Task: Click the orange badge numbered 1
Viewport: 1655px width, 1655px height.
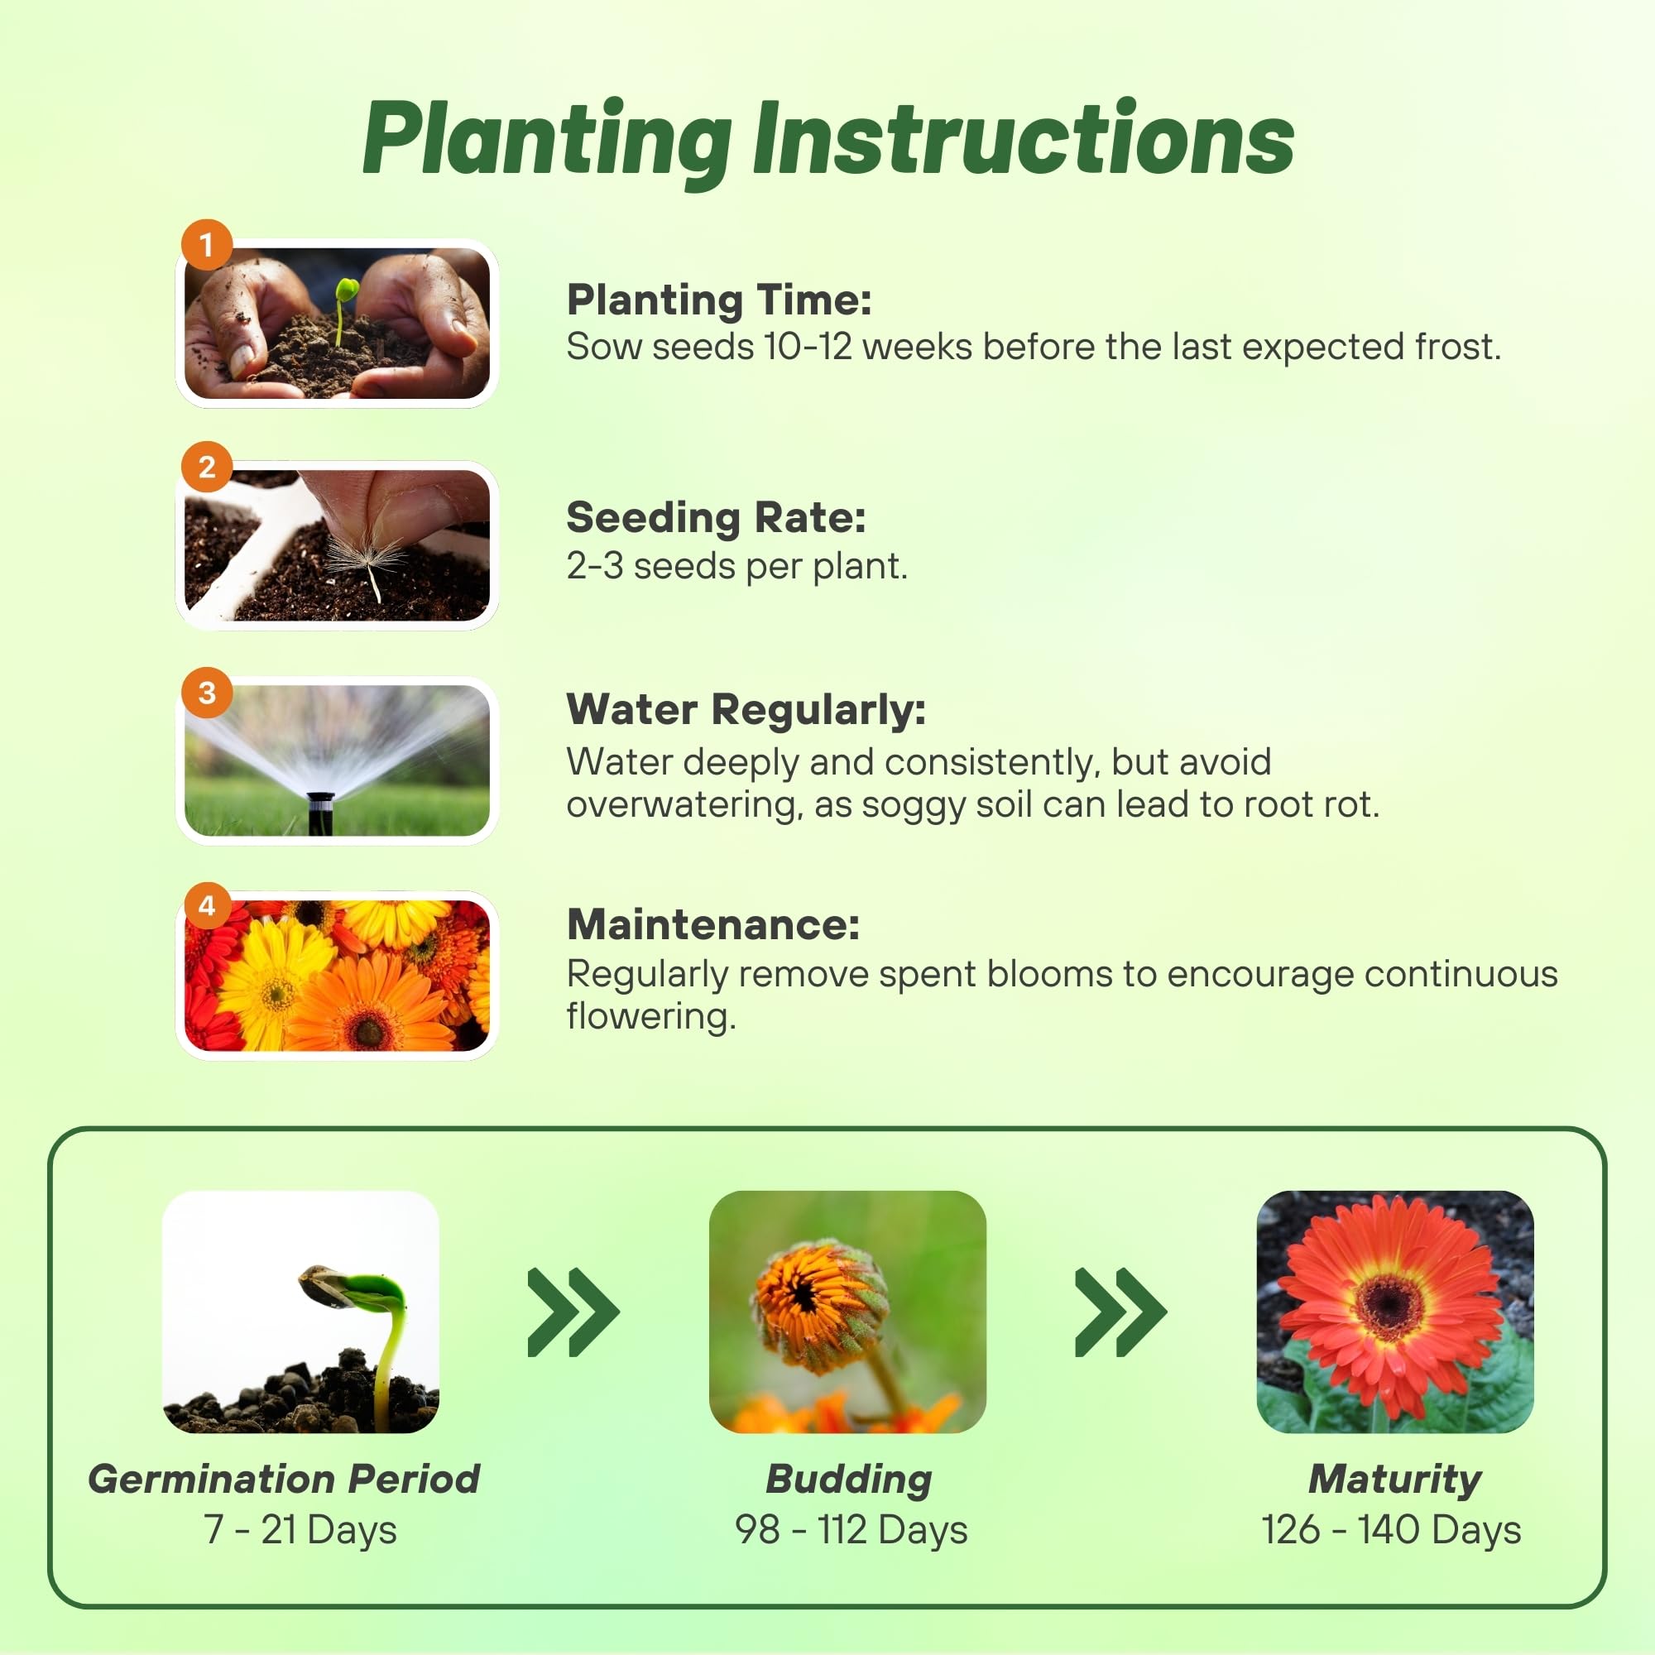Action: point(206,245)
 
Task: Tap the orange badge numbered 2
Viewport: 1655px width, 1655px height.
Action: point(206,467)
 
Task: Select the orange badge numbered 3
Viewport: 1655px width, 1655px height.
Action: point(206,692)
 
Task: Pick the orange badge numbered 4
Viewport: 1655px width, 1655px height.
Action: point(206,905)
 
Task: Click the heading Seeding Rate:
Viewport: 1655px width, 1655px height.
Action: point(716,517)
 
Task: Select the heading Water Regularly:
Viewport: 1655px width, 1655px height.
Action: point(746,710)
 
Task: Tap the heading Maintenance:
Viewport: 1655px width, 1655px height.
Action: point(713,924)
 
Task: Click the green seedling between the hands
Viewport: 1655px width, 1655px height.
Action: point(343,309)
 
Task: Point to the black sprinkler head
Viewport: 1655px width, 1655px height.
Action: point(320,812)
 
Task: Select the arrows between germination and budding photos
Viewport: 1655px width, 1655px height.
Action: point(573,1312)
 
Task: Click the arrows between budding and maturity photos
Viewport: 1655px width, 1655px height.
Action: point(1120,1312)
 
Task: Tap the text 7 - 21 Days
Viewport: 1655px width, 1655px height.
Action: point(300,1529)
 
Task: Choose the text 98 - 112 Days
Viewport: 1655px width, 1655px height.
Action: point(851,1529)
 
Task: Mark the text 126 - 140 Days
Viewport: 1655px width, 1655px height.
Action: point(1391,1529)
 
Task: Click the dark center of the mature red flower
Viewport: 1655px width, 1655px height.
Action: point(1390,1307)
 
